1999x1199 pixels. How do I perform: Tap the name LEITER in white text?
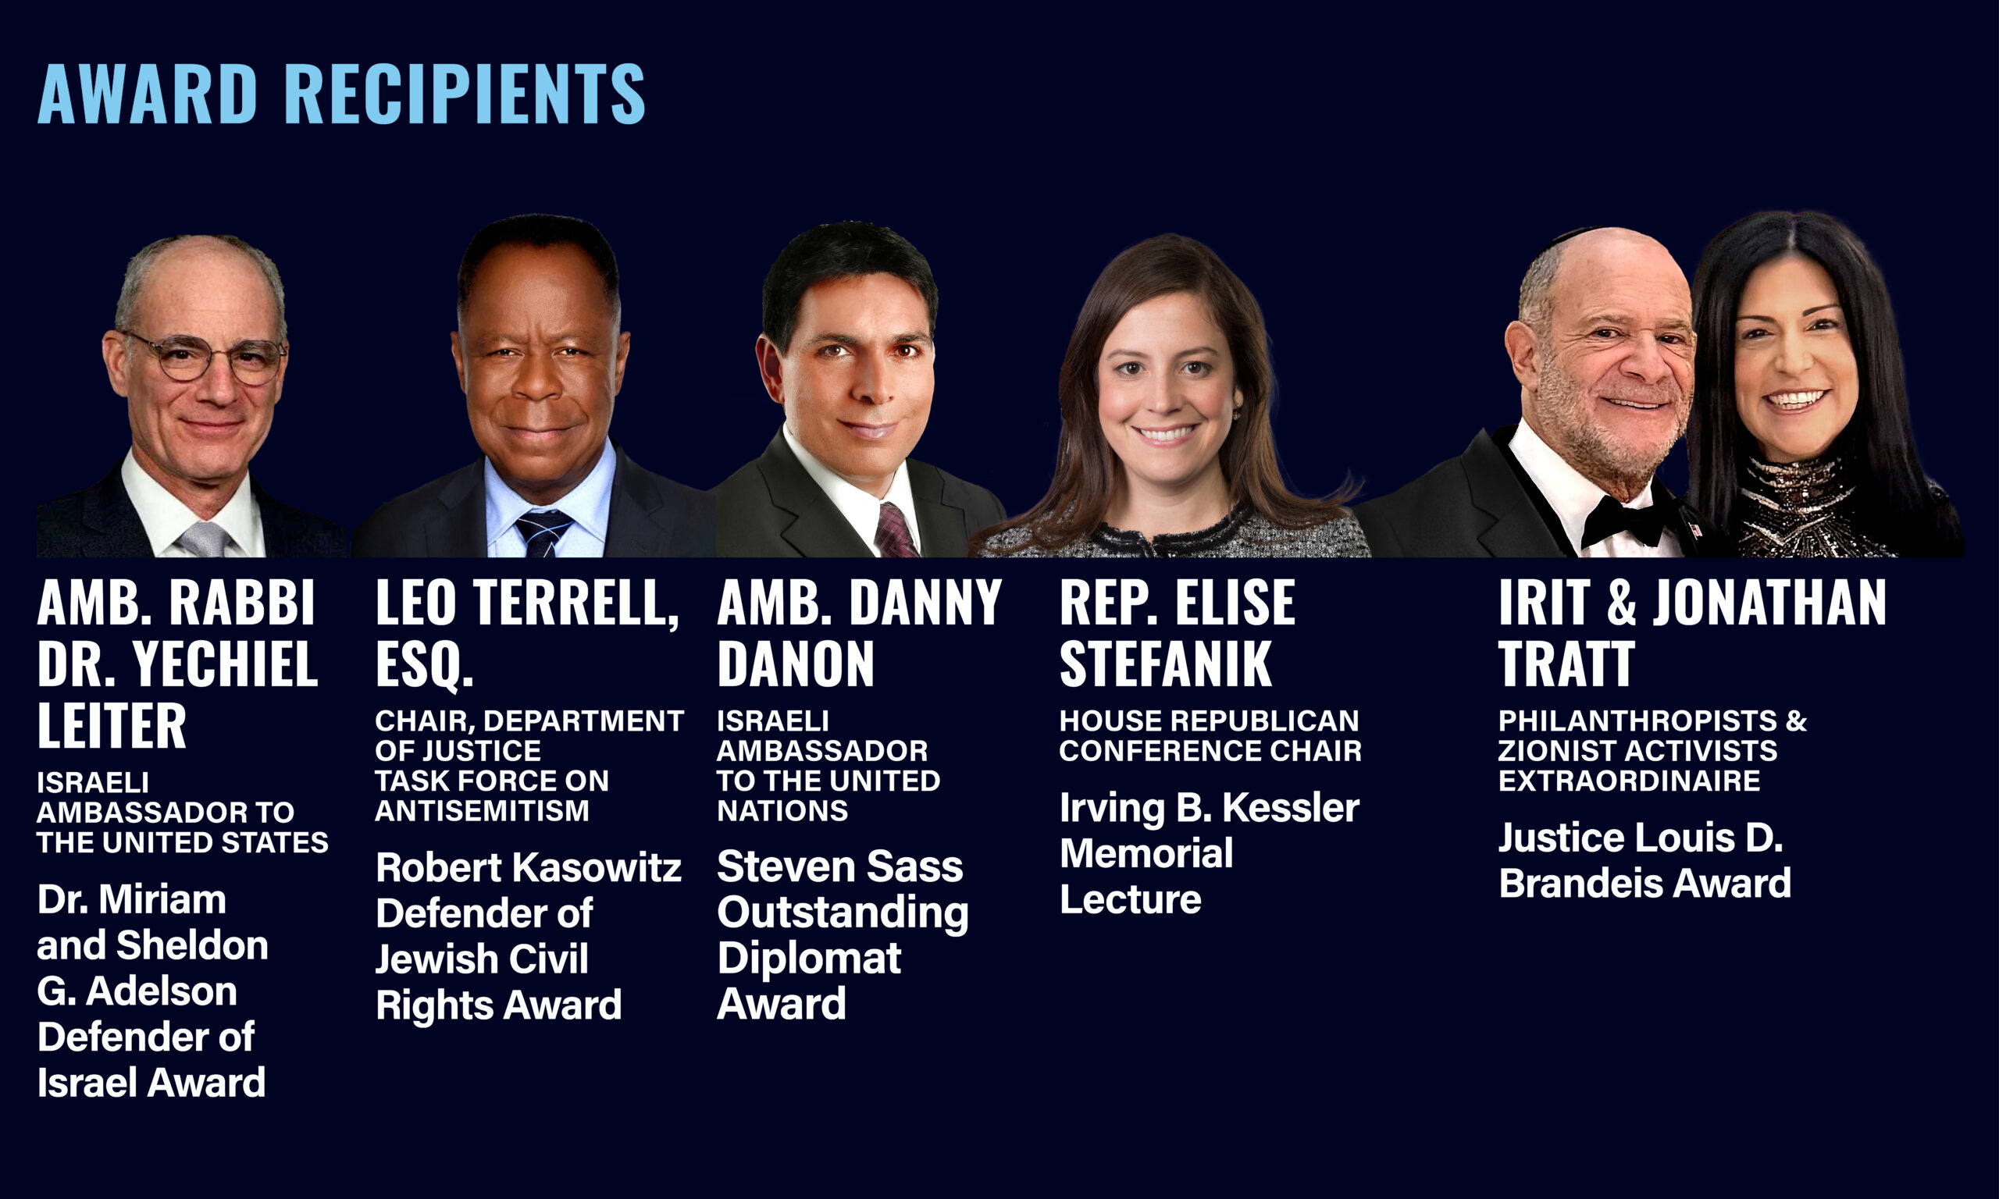112,725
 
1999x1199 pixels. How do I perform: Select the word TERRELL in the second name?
575,603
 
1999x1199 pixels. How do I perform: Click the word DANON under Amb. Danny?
796,664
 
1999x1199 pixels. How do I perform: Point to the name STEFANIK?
1165,664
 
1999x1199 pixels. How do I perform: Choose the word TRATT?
1566,664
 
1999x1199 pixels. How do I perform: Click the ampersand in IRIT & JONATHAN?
1621,603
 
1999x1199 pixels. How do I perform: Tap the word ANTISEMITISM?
483,810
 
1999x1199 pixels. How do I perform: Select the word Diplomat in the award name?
809,959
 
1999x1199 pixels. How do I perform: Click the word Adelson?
161,991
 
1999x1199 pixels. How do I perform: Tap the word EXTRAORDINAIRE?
1629,781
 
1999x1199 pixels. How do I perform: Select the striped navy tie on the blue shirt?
543,532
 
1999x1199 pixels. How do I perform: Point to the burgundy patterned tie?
896,531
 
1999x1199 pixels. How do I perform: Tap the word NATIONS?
782,810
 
